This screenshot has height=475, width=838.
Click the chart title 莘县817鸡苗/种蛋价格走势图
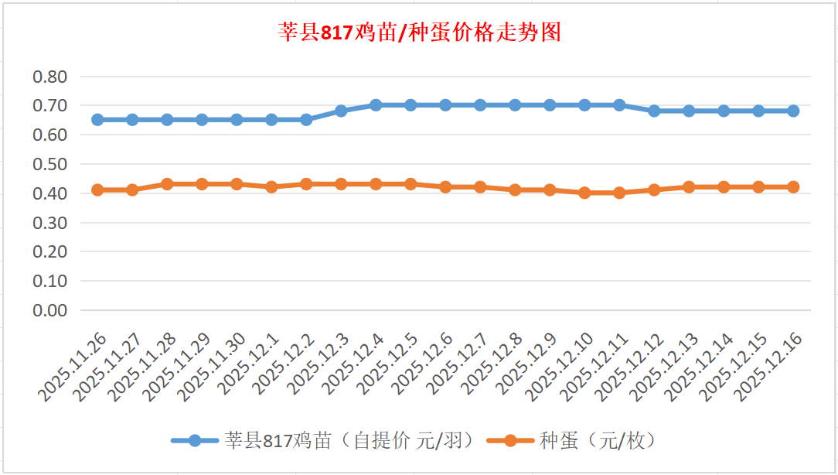click(419, 32)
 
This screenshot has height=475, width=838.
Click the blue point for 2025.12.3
click(341, 111)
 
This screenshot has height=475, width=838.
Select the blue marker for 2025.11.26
click(97, 120)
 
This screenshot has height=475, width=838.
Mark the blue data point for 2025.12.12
click(654, 111)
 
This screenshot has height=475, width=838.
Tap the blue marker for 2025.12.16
click(793, 111)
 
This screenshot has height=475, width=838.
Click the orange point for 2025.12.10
click(584, 193)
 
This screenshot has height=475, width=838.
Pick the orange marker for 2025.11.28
click(167, 184)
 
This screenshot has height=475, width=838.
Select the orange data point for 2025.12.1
click(271, 187)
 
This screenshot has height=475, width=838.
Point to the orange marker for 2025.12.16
click(793, 187)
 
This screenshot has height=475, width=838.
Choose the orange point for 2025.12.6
click(445, 187)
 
